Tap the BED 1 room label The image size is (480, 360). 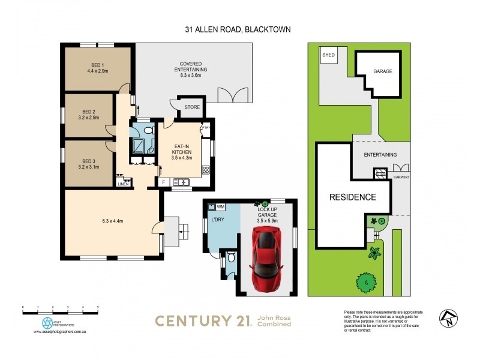click(x=98, y=68)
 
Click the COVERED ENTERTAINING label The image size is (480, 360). click(x=194, y=67)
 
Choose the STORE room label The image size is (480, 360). click(x=192, y=108)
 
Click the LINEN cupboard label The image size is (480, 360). click(x=123, y=184)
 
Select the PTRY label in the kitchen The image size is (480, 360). click(x=206, y=127)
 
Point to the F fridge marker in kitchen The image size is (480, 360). click(x=163, y=182)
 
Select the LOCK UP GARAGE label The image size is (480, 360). click(x=268, y=215)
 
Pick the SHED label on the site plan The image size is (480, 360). click(x=329, y=55)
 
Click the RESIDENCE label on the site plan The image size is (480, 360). click(x=352, y=197)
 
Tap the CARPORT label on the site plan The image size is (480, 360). click(x=401, y=178)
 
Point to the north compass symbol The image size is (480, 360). click(x=448, y=317)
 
